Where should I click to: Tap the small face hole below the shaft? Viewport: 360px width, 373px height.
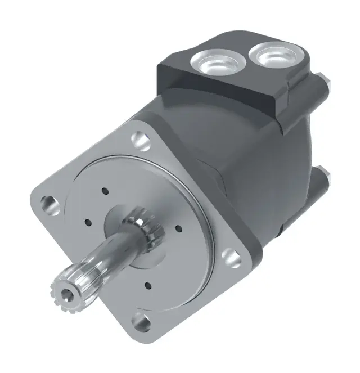[x=147, y=285]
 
